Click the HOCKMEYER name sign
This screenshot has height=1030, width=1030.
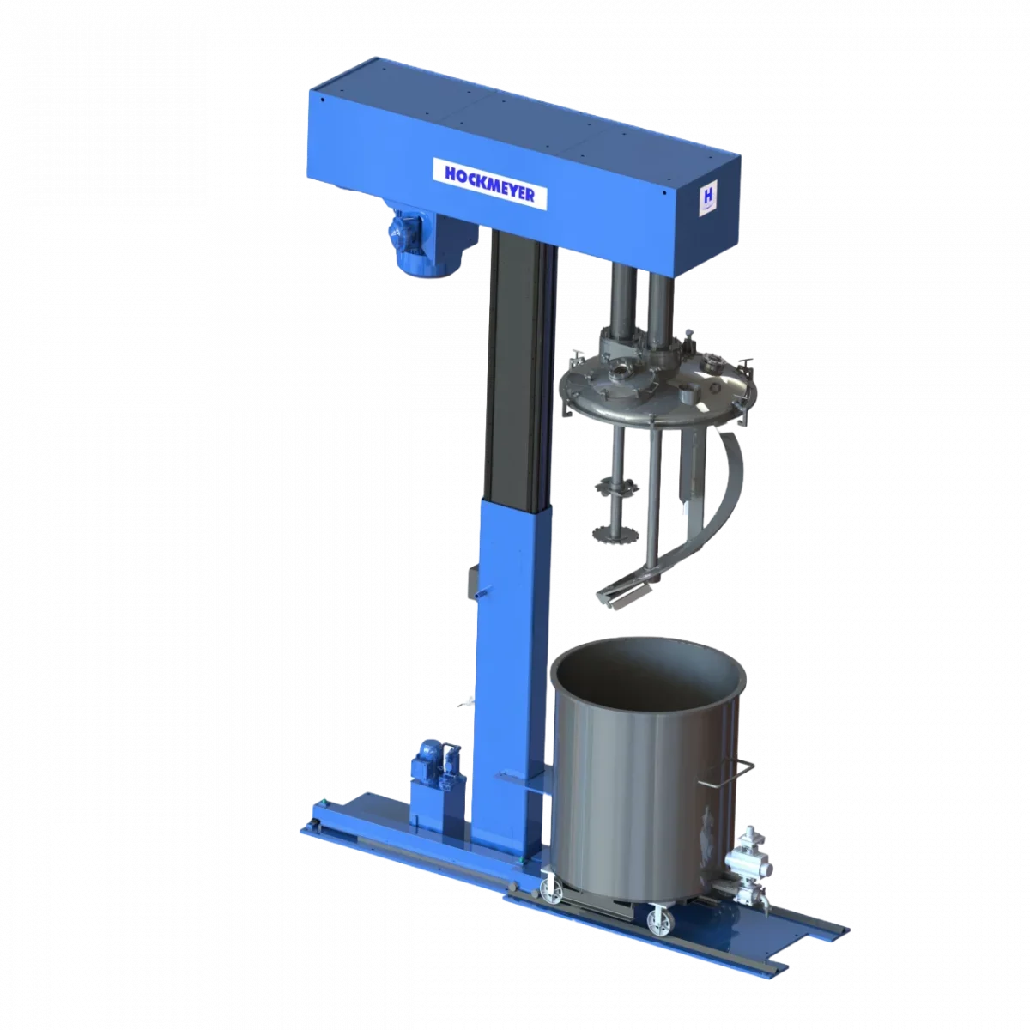pos(490,182)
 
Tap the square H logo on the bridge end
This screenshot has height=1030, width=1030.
pos(710,197)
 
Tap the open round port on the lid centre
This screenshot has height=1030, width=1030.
pos(619,374)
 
